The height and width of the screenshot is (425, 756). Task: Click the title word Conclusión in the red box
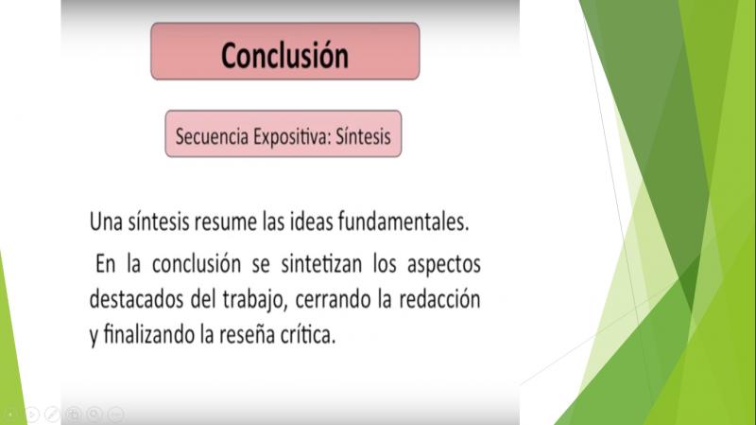tap(284, 55)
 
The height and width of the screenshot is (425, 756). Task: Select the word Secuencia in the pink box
tap(212, 136)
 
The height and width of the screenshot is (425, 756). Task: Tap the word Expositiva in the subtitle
tap(292, 136)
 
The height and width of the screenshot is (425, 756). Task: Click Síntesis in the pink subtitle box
tap(363, 136)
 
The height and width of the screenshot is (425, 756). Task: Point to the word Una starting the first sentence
tap(106, 222)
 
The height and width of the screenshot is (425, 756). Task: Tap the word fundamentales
tap(404, 221)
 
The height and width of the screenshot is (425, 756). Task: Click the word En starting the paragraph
tap(106, 264)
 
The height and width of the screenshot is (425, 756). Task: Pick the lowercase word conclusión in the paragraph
tap(197, 264)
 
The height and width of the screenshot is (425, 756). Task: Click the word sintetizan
tap(321, 264)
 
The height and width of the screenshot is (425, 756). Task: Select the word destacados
tap(136, 299)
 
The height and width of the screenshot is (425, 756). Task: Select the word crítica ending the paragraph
tap(308, 334)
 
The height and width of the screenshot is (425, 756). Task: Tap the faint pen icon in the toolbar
tap(52, 414)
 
